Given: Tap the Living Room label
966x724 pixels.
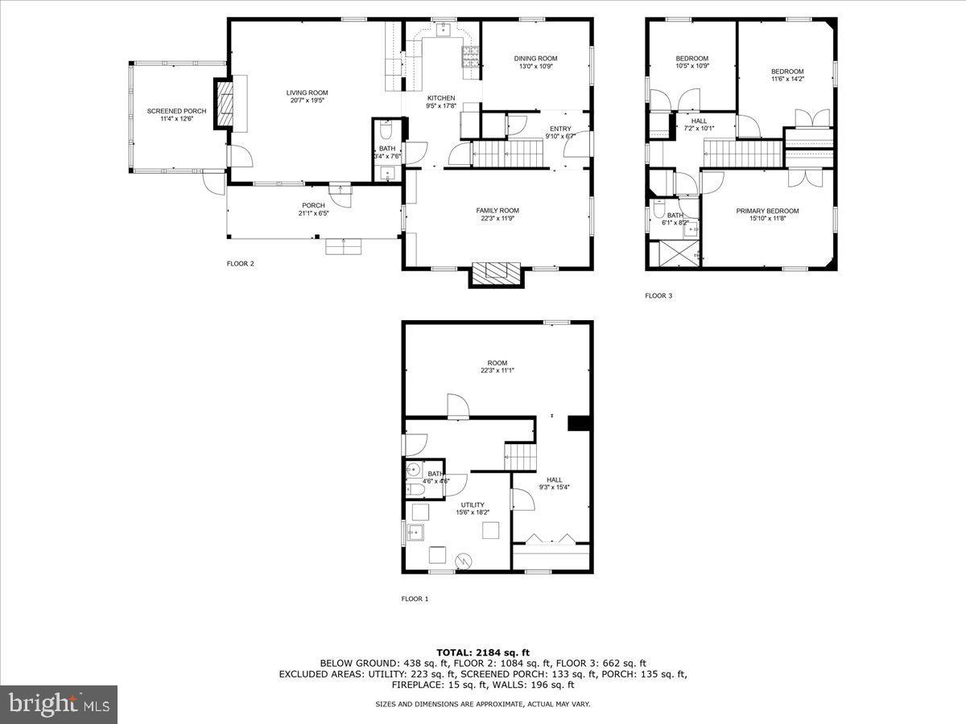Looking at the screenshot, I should (x=307, y=93).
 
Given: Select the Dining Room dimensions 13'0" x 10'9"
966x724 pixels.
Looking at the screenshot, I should (x=535, y=68).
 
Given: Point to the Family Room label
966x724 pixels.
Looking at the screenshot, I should (x=497, y=210).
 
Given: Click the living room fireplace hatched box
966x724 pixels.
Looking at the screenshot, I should (x=225, y=104).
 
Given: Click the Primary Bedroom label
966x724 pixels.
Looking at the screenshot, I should (x=767, y=211).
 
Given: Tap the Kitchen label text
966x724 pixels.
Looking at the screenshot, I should (x=440, y=98).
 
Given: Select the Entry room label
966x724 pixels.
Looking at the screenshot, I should (x=560, y=129).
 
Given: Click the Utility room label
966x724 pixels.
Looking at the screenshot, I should (x=473, y=505).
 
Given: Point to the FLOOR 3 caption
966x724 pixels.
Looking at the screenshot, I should (x=658, y=296).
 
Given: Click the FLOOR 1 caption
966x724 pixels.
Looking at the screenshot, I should (x=415, y=599).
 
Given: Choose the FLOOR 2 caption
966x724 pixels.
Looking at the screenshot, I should (x=241, y=263).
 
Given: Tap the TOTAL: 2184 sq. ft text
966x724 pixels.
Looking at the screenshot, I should (x=483, y=652).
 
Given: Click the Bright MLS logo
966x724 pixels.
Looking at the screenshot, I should (x=59, y=705).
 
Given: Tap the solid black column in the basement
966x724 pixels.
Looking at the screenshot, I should (x=578, y=424).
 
